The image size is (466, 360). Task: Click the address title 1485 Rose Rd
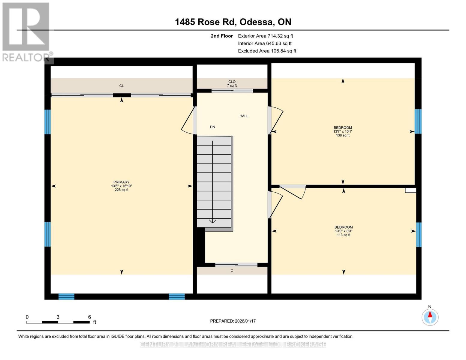tap(233, 22)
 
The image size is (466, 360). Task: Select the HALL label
tap(244, 116)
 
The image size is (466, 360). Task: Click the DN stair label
tap(212, 127)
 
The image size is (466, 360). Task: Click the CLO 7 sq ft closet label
tap(232, 83)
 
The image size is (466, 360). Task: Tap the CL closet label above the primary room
tap(122, 86)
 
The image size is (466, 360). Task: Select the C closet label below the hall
tap(232, 271)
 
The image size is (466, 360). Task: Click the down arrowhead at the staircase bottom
tap(212, 221)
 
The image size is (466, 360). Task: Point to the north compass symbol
tap(430, 317)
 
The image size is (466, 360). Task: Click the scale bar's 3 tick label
tap(58, 317)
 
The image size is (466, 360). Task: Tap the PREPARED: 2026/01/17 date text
tap(233, 321)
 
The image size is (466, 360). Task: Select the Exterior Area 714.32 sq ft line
tap(265, 36)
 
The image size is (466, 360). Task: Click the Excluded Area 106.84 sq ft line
tap(267, 51)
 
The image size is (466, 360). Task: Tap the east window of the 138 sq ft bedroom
tap(418, 121)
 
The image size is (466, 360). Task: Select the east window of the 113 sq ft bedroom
tap(419, 235)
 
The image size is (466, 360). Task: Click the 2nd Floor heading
tap(222, 36)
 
